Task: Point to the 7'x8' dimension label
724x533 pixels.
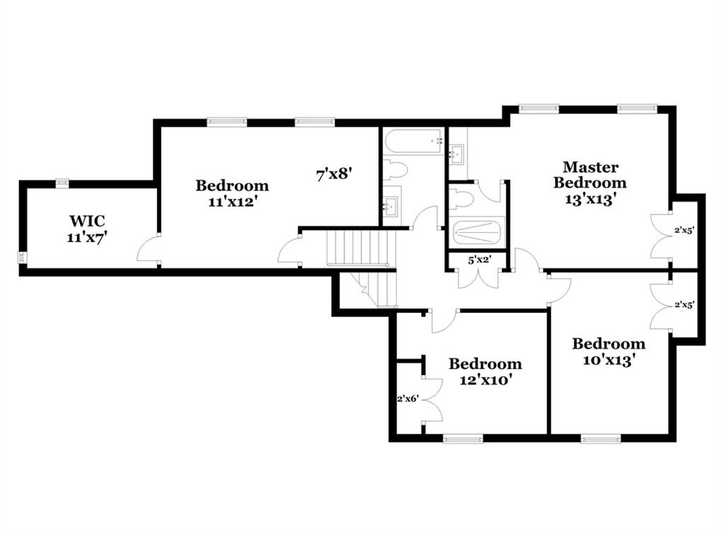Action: point(334,173)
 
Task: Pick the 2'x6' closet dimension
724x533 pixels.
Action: point(408,399)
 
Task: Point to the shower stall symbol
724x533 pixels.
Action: point(477,232)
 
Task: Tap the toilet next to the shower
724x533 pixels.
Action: point(461,199)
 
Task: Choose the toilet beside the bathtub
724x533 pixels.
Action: point(394,170)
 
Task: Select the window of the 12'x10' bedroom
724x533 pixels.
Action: point(462,439)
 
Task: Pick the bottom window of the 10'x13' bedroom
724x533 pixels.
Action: point(600,439)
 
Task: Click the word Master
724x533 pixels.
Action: point(590,168)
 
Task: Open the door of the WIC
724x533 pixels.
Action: point(148,251)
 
